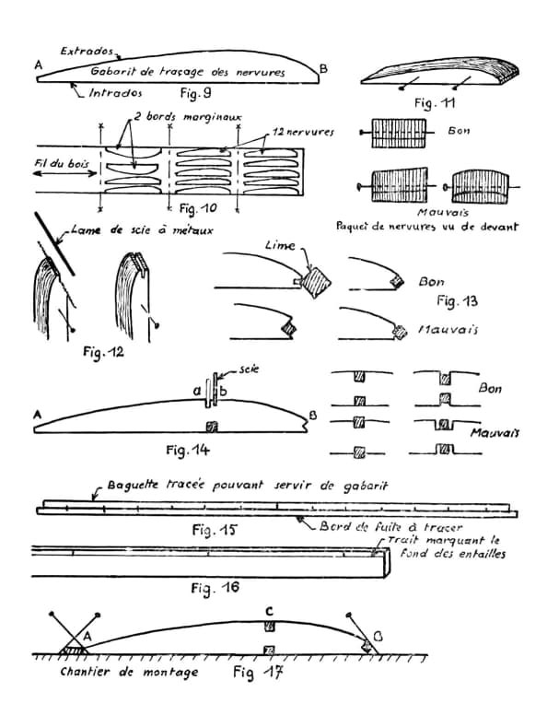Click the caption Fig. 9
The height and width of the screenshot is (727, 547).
pos(195,93)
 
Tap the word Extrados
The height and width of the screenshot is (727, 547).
pos(87,51)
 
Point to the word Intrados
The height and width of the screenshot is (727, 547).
pos(115,93)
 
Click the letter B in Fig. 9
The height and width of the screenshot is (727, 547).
pos(323,69)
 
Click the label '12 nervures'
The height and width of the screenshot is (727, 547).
pos(303,132)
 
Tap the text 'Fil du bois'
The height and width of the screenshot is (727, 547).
pos(61,163)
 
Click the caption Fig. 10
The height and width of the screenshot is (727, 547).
pos(198,208)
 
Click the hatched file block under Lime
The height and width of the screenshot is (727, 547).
pos(316,280)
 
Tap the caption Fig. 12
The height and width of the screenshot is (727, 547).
pos(103,352)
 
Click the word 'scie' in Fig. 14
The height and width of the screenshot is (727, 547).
pos(249,369)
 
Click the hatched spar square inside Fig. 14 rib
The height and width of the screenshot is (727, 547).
pos(212,426)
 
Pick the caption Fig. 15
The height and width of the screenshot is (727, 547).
pos(215,529)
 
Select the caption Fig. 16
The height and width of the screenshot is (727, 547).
pos(215,588)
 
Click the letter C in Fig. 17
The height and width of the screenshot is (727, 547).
pos(269,612)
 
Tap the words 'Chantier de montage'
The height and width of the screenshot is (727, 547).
pos(129,672)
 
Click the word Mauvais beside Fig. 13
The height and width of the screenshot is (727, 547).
pos(448,330)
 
